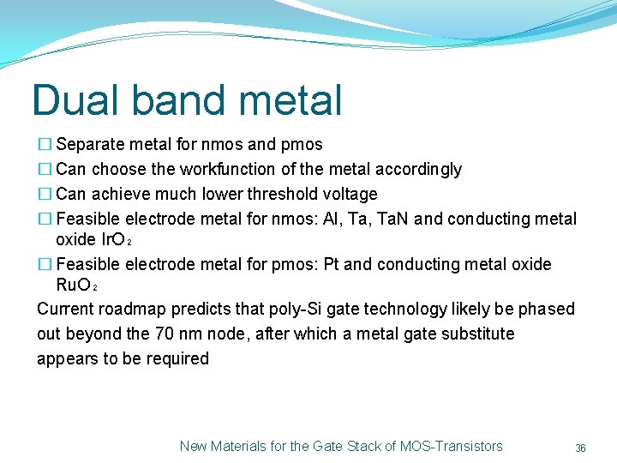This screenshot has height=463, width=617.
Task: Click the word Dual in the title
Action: pyautogui.click(x=73, y=100)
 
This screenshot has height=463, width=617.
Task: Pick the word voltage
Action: pyautogui.click(x=348, y=194)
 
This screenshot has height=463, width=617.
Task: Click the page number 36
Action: pyautogui.click(x=580, y=448)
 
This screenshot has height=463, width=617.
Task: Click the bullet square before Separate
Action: pyautogui.click(x=45, y=144)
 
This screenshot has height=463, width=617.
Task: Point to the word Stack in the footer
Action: pyautogui.click(x=360, y=446)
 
